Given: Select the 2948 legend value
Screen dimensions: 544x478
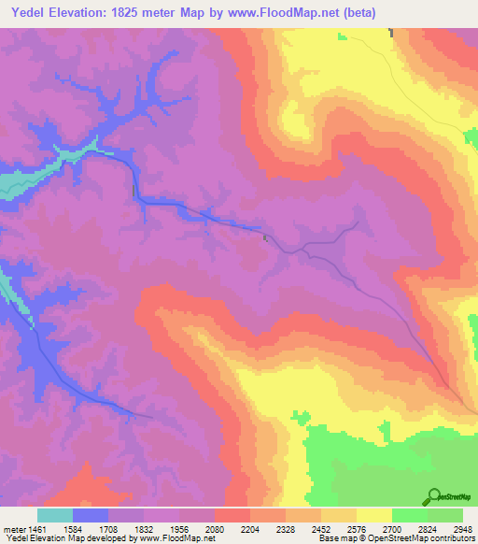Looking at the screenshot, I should pyautogui.click(x=462, y=527).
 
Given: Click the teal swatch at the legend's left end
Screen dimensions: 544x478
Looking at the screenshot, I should pyautogui.click(x=55, y=515).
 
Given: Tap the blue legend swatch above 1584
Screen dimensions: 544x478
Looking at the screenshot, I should pyautogui.click(x=91, y=515).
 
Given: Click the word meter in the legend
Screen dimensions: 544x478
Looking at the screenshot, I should pyautogui.click(x=14, y=527).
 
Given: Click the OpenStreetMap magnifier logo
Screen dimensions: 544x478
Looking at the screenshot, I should pyautogui.click(x=434, y=496).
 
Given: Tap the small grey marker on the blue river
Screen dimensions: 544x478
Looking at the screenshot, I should pyautogui.click(x=265, y=237).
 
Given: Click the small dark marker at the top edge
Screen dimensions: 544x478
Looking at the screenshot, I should pyautogui.click(x=391, y=33).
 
